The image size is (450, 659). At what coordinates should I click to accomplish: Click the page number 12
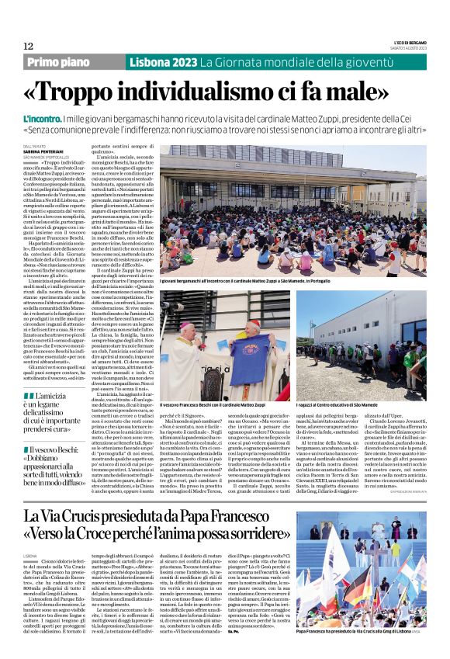pyautogui.click(x=28, y=47)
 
